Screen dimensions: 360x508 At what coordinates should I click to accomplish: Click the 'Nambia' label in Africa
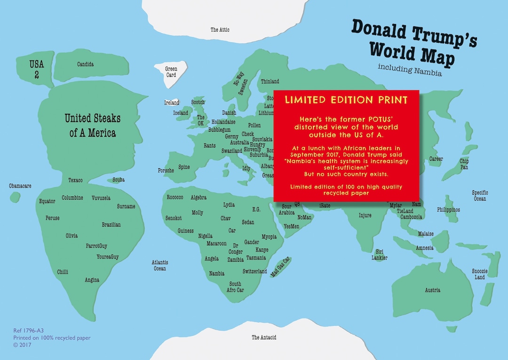(x=216, y=273)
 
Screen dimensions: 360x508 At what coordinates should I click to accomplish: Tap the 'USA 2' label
(x=33, y=69)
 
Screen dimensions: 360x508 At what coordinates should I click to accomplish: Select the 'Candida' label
(x=85, y=64)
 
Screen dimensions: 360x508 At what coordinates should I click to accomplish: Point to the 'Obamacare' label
(x=20, y=186)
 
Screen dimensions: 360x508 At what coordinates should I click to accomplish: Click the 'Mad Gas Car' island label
(x=280, y=267)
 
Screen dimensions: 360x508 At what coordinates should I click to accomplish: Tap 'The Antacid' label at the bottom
(x=263, y=337)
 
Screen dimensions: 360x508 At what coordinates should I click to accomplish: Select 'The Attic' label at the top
(x=220, y=30)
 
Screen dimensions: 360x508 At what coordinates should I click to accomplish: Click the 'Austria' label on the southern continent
(x=432, y=290)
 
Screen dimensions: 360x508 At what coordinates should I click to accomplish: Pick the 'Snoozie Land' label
(x=480, y=274)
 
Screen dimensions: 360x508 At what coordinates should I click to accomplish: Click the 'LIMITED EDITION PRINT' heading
(x=346, y=100)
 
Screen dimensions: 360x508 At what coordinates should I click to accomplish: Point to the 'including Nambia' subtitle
(x=409, y=70)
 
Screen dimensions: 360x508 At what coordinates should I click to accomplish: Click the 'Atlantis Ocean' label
(x=160, y=266)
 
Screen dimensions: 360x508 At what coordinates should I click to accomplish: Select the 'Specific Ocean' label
(x=480, y=196)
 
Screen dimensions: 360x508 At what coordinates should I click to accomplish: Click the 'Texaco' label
(x=75, y=180)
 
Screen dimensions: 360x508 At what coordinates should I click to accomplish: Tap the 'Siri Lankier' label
(x=379, y=254)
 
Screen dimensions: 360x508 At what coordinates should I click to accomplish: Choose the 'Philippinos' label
(x=448, y=210)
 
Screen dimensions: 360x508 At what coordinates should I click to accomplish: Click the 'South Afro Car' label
(x=235, y=287)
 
